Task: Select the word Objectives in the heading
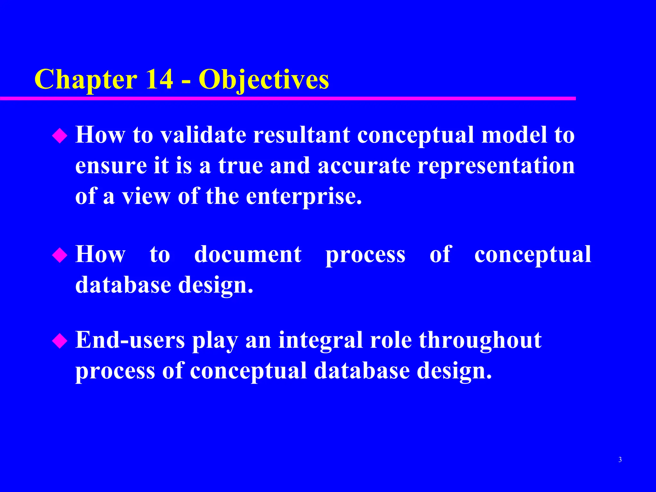(264, 80)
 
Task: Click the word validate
(203, 135)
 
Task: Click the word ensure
(111, 166)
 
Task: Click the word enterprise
(304, 197)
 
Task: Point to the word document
(248, 255)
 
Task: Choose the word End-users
(130, 340)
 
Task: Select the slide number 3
(620, 460)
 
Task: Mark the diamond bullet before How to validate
(60, 136)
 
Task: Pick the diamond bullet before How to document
(60, 256)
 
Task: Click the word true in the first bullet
(241, 166)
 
